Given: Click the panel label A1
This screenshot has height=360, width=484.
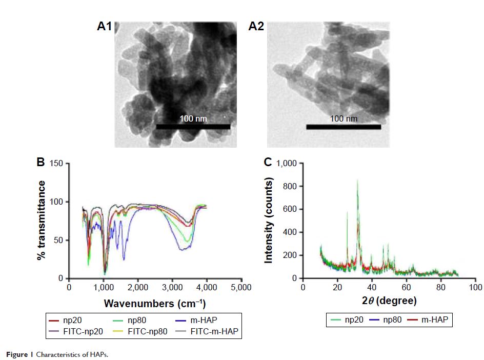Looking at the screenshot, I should click(105, 27).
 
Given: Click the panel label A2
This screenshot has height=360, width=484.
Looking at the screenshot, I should click(256, 27).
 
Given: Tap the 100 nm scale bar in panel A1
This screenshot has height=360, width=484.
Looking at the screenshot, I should click(193, 126).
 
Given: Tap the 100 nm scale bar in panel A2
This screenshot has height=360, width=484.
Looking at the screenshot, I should click(343, 126).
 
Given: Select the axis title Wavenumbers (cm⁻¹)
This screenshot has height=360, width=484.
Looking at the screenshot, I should click(155, 303).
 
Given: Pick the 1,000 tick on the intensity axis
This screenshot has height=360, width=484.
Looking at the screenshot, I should click(287, 164).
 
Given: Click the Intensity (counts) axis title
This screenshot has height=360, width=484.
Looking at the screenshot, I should click(268, 221).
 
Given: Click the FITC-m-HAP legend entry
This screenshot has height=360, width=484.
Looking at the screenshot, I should click(216, 331).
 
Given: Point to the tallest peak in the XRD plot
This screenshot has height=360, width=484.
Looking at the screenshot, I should click(357, 180).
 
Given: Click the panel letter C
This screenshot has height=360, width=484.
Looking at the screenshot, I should click(267, 163).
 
